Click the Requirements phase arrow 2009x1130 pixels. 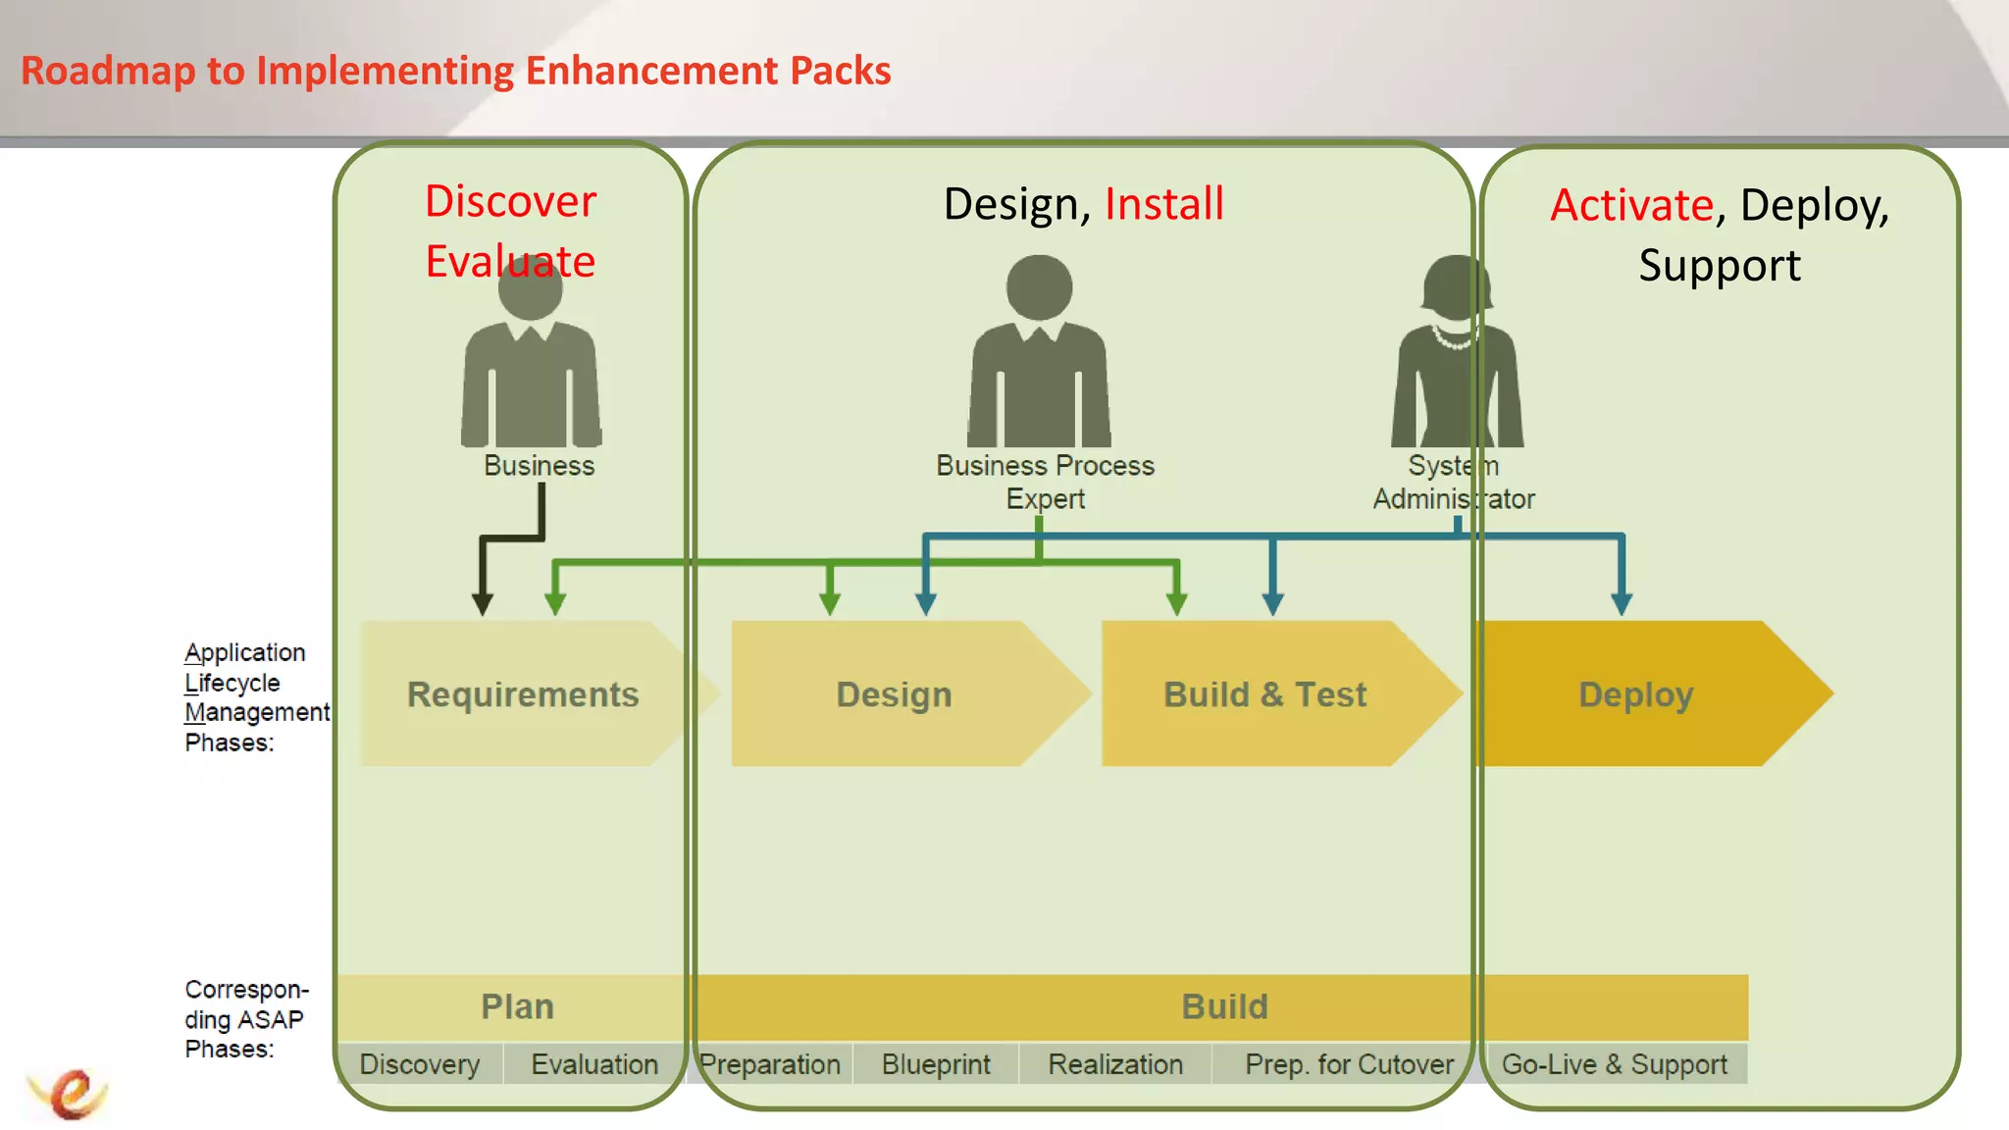coord(523,693)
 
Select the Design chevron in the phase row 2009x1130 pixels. coord(894,693)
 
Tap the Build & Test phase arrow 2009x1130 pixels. coord(1264,693)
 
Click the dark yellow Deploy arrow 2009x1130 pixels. coord(1636,693)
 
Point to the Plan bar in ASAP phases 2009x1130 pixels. coord(517,1006)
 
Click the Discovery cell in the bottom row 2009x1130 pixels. coord(420,1064)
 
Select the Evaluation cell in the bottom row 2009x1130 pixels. coord(594,1064)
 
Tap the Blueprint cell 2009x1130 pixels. coord(936,1064)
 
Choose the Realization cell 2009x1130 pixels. coord(1115,1064)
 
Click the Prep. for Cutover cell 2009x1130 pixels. coord(1349,1064)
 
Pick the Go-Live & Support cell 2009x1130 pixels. coord(1615,1064)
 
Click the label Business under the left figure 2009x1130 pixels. coord(539,465)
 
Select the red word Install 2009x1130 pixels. coord(1164,204)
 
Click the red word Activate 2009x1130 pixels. coord(1631,205)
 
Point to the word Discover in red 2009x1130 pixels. coord(510,201)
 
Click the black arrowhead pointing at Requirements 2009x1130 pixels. coord(482,603)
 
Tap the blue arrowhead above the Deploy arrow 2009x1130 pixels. coord(1622,603)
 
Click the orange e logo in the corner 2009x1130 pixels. coord(69,1093)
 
